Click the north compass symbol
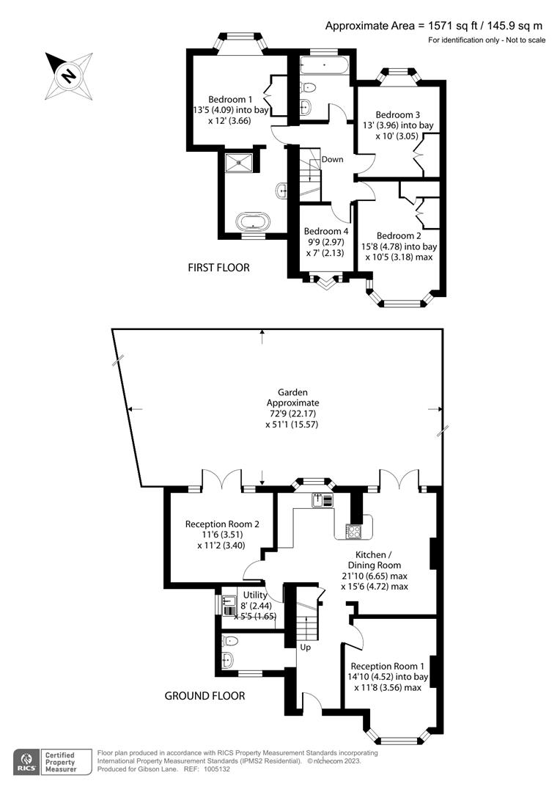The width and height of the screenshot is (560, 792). (x=68, y=76)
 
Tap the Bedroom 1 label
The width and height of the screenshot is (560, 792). (x=230, y=100)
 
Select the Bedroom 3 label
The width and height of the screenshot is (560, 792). (x=397, y=114)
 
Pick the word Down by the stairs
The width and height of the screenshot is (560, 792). (x=332, y=159)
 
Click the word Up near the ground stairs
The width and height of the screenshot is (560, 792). (x=305, y=648)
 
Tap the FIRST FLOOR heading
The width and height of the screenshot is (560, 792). (x=218, y=268)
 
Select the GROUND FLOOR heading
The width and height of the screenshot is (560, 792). (x=205, y=695)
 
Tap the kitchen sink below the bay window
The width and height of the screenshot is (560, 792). (x=318, y=501)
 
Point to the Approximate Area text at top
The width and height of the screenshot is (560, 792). (x=434, y=26)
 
